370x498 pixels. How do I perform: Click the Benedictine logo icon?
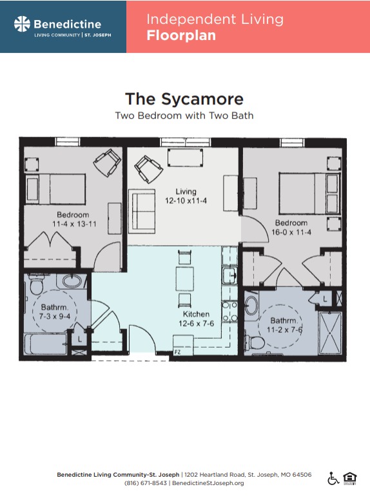pos(22,24)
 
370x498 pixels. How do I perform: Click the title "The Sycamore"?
pos(184,99)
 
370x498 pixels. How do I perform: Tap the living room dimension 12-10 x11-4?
pos(186,201)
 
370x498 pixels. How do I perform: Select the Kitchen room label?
pos(196,314)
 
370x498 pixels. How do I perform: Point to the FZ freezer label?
pos(177,352)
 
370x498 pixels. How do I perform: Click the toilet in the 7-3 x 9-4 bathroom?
pos(36,284)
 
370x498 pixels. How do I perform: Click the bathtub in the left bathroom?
pos(46,344)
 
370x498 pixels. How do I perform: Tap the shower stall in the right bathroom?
pos(330,333)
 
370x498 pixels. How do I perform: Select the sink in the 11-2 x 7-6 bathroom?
pos(251,306)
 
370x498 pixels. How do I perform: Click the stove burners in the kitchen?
pos(229,312)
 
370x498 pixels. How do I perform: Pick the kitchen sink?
pos(229,275)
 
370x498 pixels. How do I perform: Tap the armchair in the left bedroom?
pos(107,163)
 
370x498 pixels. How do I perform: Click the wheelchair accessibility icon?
pos(333,478)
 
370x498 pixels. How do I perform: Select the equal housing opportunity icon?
pos(350,479)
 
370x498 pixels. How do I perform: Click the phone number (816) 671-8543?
pos(145,483)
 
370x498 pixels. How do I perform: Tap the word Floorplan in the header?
pos(181,35)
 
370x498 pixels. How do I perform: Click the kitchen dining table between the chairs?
pos(185,279)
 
